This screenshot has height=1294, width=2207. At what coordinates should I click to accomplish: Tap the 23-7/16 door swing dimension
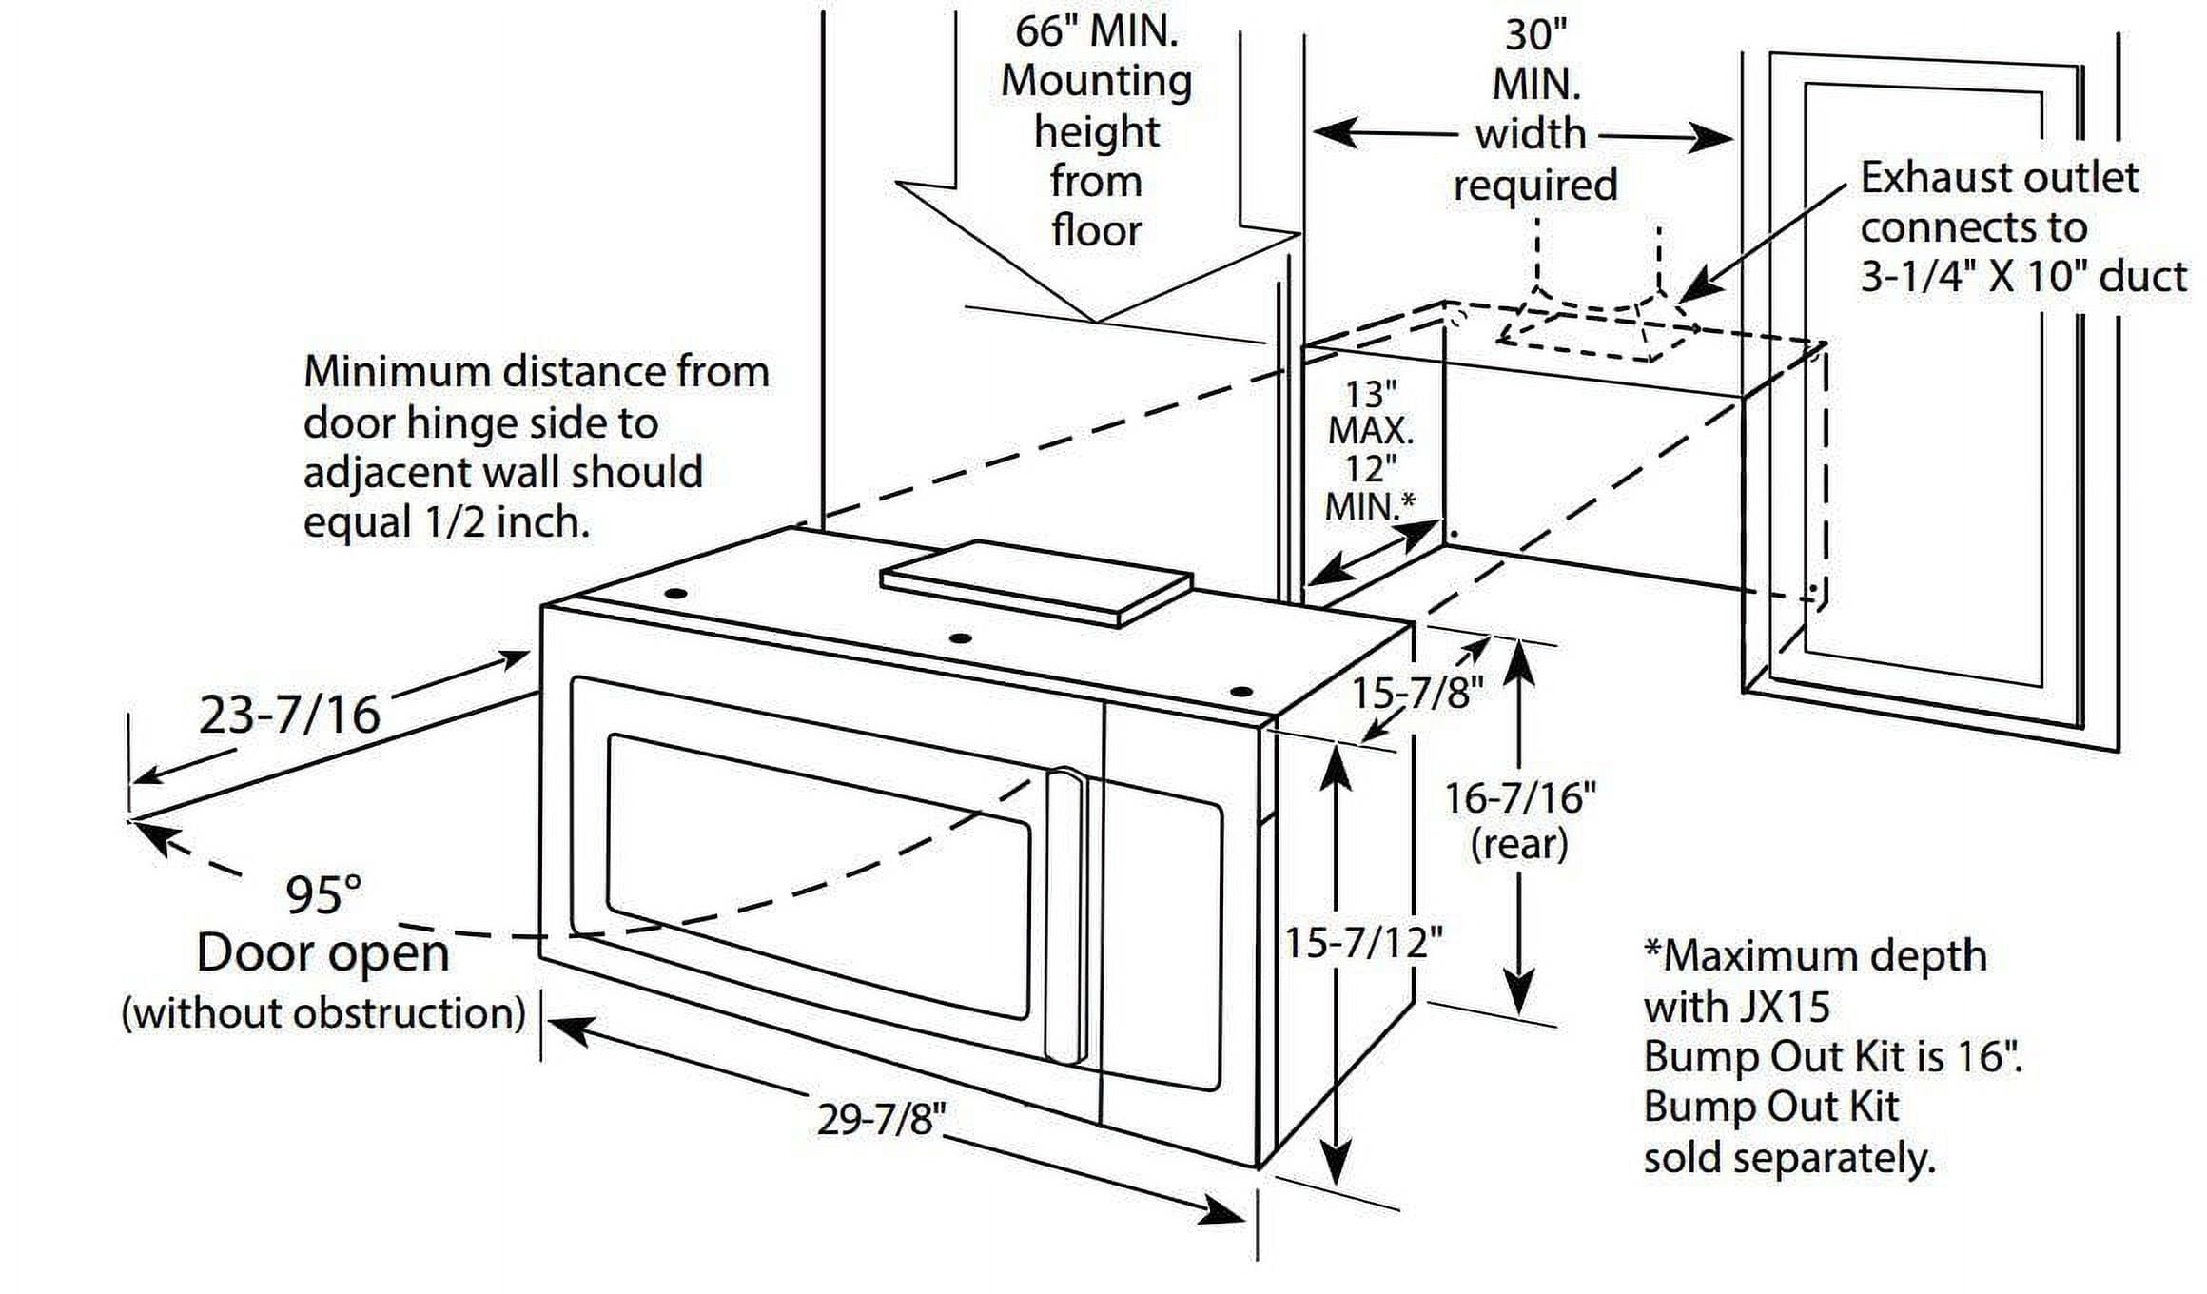coord(289,715)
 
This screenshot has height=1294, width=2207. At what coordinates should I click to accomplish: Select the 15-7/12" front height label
coord(1363,943)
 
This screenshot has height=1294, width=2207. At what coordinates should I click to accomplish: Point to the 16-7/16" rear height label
coord(1519,798)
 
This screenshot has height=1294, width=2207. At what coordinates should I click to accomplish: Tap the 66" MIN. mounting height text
coord(1096,31)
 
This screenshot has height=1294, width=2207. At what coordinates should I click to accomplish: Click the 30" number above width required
coord(1534,35)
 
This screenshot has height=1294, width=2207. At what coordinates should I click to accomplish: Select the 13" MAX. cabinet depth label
coord(1370,413)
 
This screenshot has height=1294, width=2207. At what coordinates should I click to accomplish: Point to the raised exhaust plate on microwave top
coord(1037,580)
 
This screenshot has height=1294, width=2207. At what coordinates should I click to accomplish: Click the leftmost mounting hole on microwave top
coord(676,594)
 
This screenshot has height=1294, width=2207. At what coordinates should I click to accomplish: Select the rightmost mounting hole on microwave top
coord(1240,692)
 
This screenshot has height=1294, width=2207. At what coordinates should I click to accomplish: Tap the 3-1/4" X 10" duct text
coord(2022,277)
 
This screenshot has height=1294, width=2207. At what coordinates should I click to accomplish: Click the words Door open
coord(322,953)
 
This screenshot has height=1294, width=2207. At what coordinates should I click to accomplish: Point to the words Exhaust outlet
coord(1999,178)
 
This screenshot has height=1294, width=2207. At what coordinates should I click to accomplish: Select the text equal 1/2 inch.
coord(446,522)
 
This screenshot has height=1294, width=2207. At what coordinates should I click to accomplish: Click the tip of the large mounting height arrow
coord(1097,320)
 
